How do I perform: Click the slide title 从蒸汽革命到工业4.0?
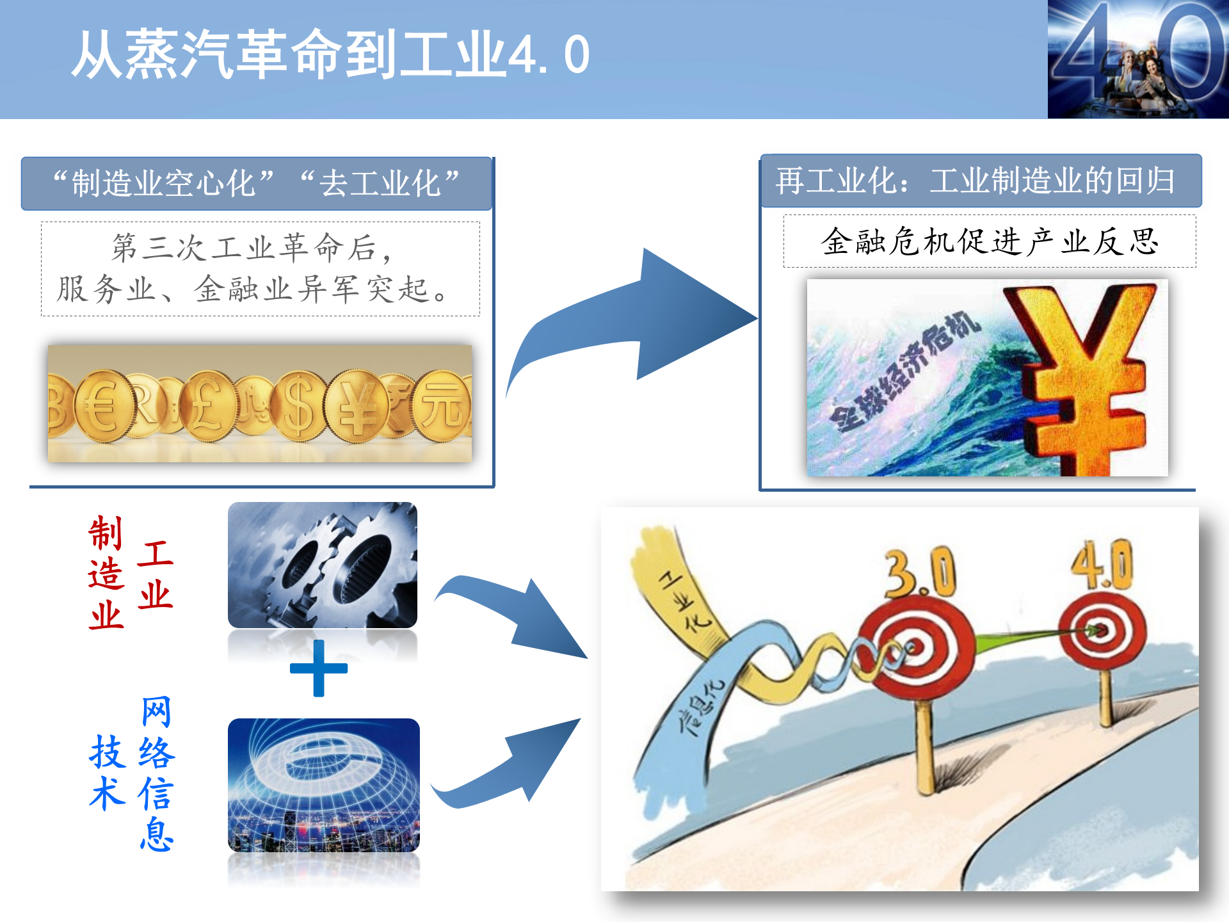pos(330,55)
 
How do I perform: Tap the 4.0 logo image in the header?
pos(1137,59)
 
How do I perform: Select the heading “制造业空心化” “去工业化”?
pos(256,184)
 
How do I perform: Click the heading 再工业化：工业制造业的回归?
pos(976,181)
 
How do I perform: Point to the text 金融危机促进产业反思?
pos(989,242)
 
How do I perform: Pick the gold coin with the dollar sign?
pos(298,406)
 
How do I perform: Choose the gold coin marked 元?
pos(442,405)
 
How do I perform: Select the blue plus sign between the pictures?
pos(319,668)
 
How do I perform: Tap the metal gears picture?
pos(323,565)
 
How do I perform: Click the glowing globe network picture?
pos(323,785)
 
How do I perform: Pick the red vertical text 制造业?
pos(106,573)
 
